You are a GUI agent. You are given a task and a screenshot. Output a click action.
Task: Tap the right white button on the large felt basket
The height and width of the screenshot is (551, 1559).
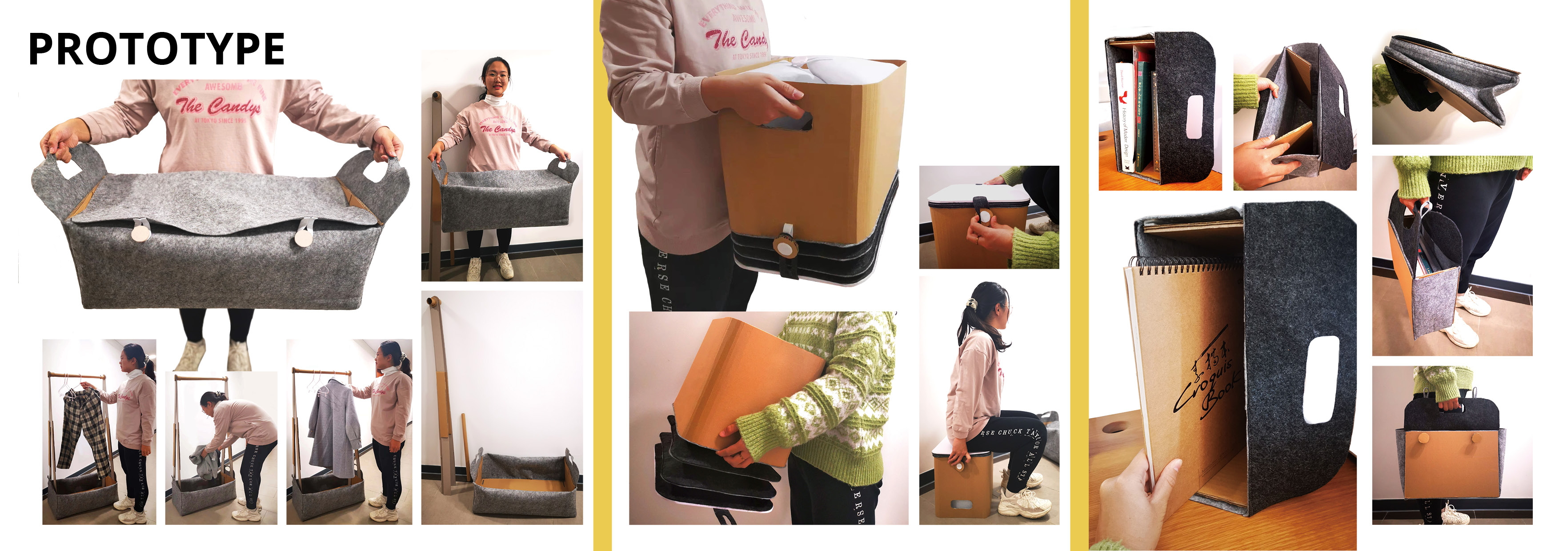(x=303, y=235)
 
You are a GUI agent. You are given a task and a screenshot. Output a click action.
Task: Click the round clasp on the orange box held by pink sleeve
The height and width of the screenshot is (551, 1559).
(x=785, y=248)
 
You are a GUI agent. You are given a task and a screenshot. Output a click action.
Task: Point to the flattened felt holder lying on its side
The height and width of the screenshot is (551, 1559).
(x=1447, y=85)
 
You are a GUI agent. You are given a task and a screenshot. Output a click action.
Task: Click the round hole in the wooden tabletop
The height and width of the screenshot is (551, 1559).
(x=1115, y=428)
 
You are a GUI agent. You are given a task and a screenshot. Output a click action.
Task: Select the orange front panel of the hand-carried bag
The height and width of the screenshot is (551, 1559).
(x=1452, y=463)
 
